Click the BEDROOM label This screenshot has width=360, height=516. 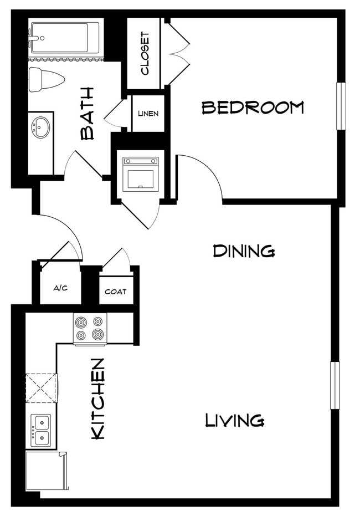[253, 107]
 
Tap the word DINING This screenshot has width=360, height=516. [244, 251]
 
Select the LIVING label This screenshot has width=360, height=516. [234, 420]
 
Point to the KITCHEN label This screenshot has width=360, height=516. [98, 399]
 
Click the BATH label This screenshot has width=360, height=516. [88, 113]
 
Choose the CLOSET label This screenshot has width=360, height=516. [145, 54]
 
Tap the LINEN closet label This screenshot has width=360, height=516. [148, 114]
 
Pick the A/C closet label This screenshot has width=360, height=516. [60, 288]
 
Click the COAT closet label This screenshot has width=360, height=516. [116, 292]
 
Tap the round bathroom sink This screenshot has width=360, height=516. [40, 128]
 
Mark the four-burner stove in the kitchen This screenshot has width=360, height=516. [90, 329]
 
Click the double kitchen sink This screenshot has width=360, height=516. [40, 430]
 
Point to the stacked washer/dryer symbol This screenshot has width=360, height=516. [140, 173]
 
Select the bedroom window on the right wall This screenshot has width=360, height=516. [341, 106]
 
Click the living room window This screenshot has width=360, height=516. [335, 385]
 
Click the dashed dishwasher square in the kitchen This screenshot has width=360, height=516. [40, 388]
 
